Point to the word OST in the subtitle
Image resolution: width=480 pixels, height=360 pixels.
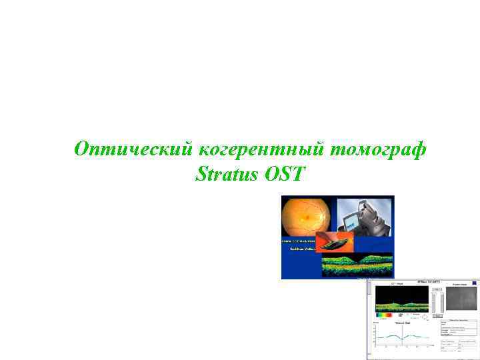(285, 175)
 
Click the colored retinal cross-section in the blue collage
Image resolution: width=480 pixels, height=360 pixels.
(357, 265)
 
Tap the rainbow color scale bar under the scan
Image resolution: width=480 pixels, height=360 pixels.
(385, 315)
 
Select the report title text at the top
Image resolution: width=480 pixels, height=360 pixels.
(428, 282)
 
